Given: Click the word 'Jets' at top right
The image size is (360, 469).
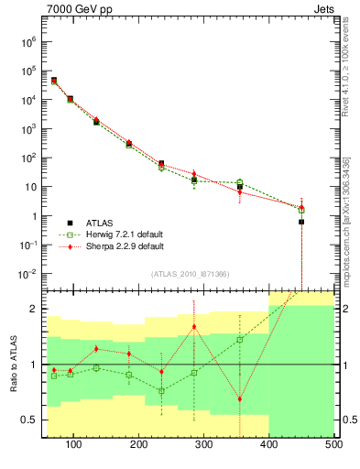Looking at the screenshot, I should pyautogui.click(x=322, y=11).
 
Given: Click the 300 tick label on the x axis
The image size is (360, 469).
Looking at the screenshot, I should pyautogui.click(x=204, y=445).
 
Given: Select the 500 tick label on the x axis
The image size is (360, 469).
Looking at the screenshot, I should pyautogui.click(x=333, y=445).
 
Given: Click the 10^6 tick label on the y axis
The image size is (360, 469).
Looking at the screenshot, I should pyautogui.click(x=27, y=42).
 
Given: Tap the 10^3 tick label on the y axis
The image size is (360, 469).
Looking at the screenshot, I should pyautogui.click(x=27, y=129).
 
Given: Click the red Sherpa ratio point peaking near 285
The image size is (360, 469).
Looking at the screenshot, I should pyautogui.click(x=193, y=327).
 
